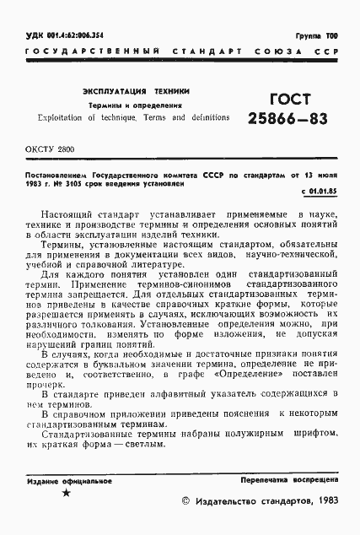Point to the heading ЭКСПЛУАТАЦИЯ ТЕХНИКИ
[137, 89]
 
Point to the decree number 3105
[91, 182]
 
